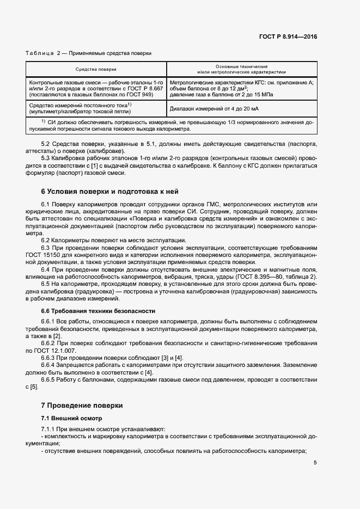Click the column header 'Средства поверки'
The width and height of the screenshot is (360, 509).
(x=96, y=69)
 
